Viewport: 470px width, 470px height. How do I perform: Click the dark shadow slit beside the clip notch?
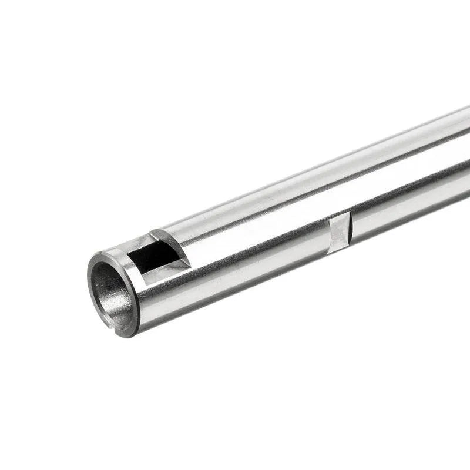350,228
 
